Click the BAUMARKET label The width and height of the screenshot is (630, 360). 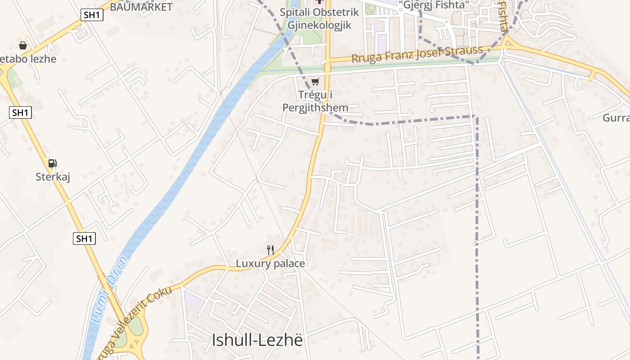point(141,7)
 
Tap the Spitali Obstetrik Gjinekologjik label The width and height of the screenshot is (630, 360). point(319,19)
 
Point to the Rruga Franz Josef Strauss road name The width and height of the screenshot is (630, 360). point(417,54)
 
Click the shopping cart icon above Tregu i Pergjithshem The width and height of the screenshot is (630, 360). point(315,81)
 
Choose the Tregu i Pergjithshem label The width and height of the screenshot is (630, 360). point(315,101)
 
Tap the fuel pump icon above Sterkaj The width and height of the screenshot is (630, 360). point(53,163)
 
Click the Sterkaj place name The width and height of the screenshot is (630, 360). point(53,177)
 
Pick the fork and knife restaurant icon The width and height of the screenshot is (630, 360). point(270,250)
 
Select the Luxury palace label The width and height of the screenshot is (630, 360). point(270,264)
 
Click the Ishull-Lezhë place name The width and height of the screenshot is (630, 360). point(257,340)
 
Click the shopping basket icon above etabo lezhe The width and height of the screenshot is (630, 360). point(23,45)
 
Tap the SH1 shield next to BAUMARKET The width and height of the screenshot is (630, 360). point(92,15)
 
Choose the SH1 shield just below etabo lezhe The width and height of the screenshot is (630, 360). point(20,112)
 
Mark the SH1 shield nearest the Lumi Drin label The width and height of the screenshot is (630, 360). point(84,238)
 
